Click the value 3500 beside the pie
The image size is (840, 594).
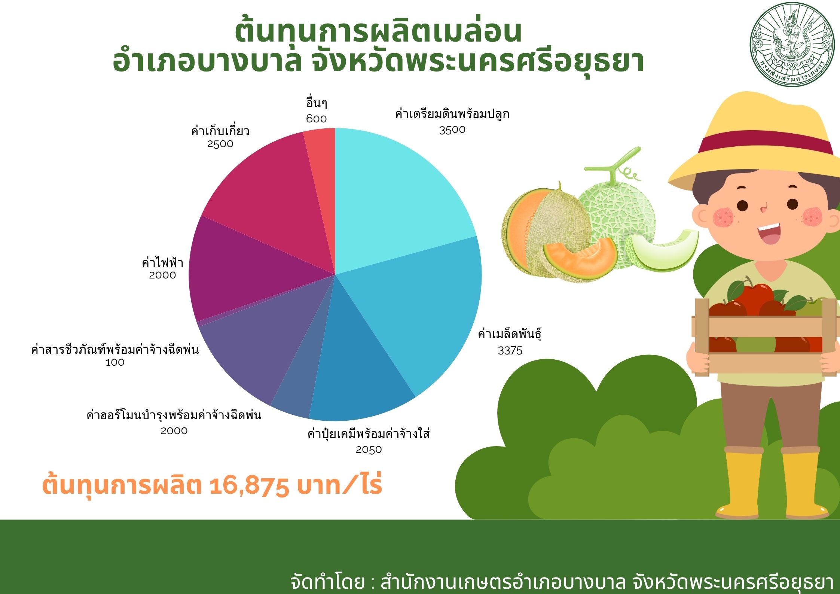452,130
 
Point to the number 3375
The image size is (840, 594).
510,351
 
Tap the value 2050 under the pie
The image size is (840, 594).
369,450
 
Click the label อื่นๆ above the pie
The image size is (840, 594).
317,103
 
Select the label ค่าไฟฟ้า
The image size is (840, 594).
162,262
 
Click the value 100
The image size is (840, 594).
115,362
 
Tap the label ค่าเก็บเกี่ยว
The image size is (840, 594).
220,130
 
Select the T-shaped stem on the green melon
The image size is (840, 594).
614,165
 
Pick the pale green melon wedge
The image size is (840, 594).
665,249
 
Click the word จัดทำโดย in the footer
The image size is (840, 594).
327,582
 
